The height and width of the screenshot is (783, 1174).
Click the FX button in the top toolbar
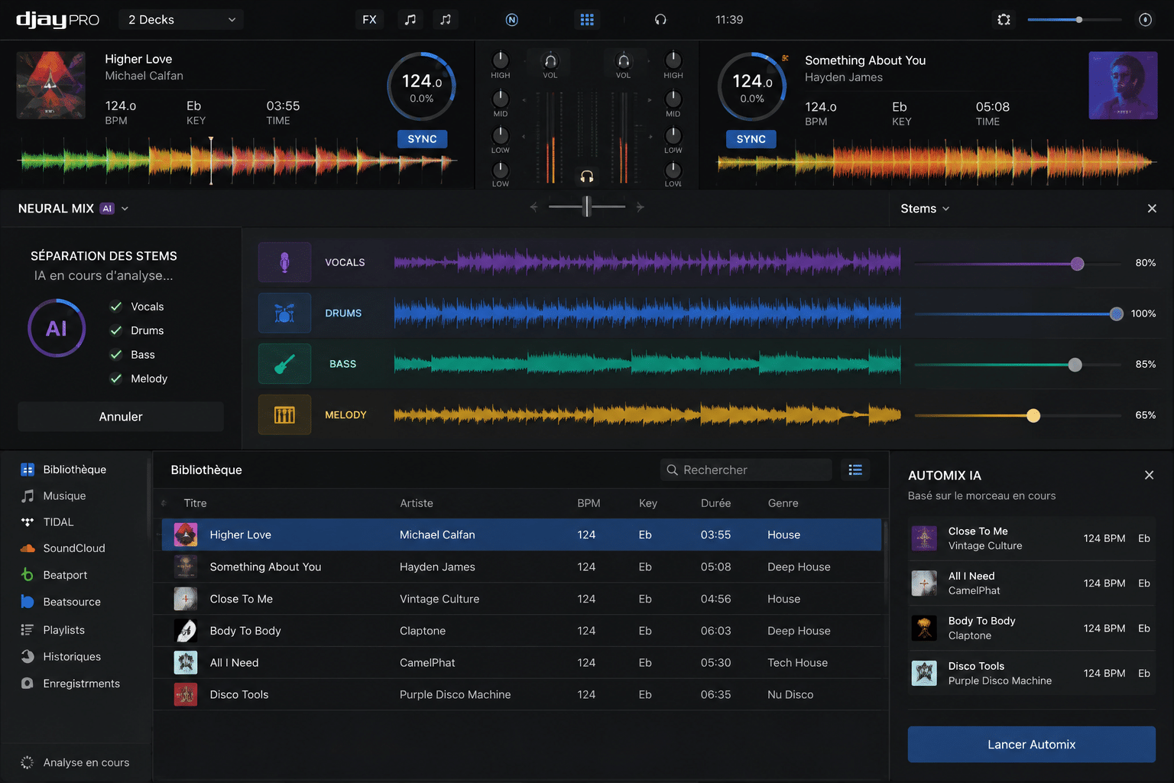pyautogui.click(x=369, y=20)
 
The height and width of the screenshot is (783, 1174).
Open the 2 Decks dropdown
pyautogui.click(x=181, y=20)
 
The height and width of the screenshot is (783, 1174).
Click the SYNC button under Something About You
pyautogui.click(x=751, y=139)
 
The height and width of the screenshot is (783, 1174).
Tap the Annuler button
pyautogui.click(x=121, y=417)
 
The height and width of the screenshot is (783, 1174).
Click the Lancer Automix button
pyautogui.click(x=1031, y=744)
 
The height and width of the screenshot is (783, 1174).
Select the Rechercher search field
pyautogui.click(x=746, y=470)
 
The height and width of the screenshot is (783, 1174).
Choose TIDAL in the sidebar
pyautogui.click(x=58, y=521)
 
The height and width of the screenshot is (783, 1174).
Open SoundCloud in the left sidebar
pyautogui.click(x=74, y=548)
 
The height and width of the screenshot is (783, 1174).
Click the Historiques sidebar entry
pyautogui.click(x=72, y=657)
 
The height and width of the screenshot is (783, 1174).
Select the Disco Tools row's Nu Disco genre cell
pyautogui.click(x=790, y=694)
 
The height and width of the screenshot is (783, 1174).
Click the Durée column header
pyautogui.click(x=715, y=503)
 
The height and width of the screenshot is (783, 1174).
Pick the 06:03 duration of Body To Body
pyautogui.click(x=715, y=630)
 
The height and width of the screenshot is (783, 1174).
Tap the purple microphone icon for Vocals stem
pyautogui.click(x=284, y=262)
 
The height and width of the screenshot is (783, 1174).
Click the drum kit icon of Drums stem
pyautogui.click(x=284, y=313)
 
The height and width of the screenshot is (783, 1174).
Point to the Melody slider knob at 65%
pyautogui.click(x=1033, y=416)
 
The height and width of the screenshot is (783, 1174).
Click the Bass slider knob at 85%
pyautogui.click(x=1075, y=365)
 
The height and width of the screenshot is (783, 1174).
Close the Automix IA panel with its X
pyautogui.click(x=1149, y=475)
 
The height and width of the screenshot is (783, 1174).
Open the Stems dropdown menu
pyautogui.click(x=925, y=208)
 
